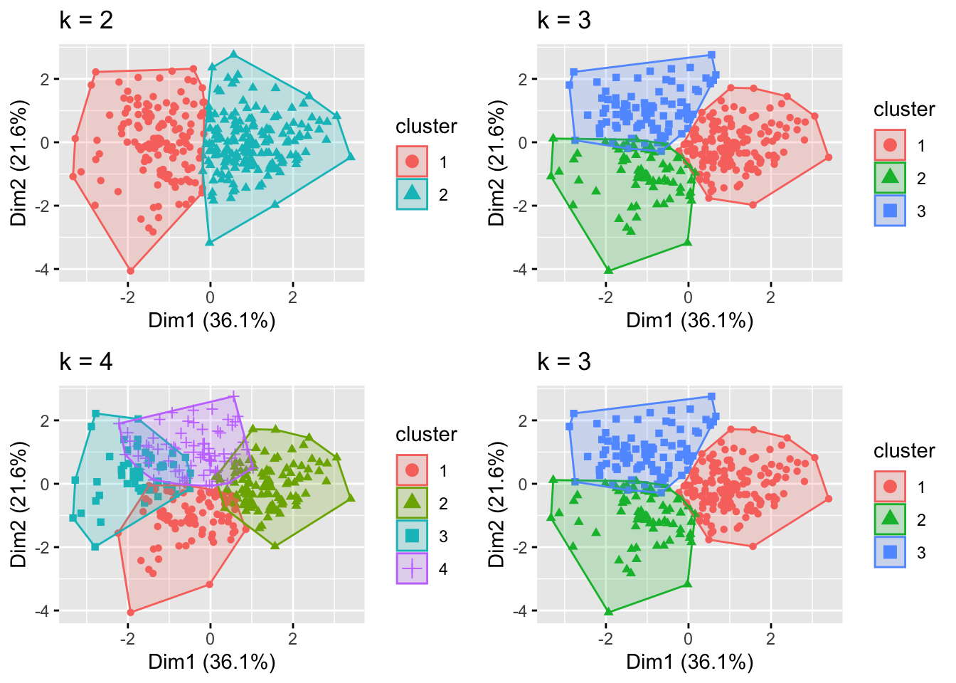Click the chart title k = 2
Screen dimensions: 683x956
[86, 20]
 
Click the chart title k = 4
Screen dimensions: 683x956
[86, 361]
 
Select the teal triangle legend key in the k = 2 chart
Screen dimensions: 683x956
[412, 194]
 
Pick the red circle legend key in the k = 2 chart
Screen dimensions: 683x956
[412, 162]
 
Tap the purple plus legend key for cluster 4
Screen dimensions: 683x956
[412, 568]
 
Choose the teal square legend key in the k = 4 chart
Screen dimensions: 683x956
[412, 536]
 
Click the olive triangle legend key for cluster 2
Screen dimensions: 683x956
[412, 503]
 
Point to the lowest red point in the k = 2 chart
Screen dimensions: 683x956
[130, 270]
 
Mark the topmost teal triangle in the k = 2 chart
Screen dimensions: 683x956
[233, 54]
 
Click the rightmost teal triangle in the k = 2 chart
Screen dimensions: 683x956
[350, 157]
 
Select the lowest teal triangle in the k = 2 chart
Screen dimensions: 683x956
[210, 242]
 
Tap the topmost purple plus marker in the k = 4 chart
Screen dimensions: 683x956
[233, 396]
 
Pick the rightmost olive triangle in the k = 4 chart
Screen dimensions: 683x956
[350, 498]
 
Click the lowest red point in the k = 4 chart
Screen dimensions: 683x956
[130, 612]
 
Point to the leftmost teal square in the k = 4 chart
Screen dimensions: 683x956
[73, 518]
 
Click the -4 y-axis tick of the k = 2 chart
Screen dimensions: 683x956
[45, 270]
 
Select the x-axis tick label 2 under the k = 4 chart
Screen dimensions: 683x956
[292, 638]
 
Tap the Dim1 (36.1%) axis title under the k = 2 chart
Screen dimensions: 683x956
[211, 320]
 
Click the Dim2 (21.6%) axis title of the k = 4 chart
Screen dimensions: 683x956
[19, 504]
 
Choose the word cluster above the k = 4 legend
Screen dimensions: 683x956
[426, 434]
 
